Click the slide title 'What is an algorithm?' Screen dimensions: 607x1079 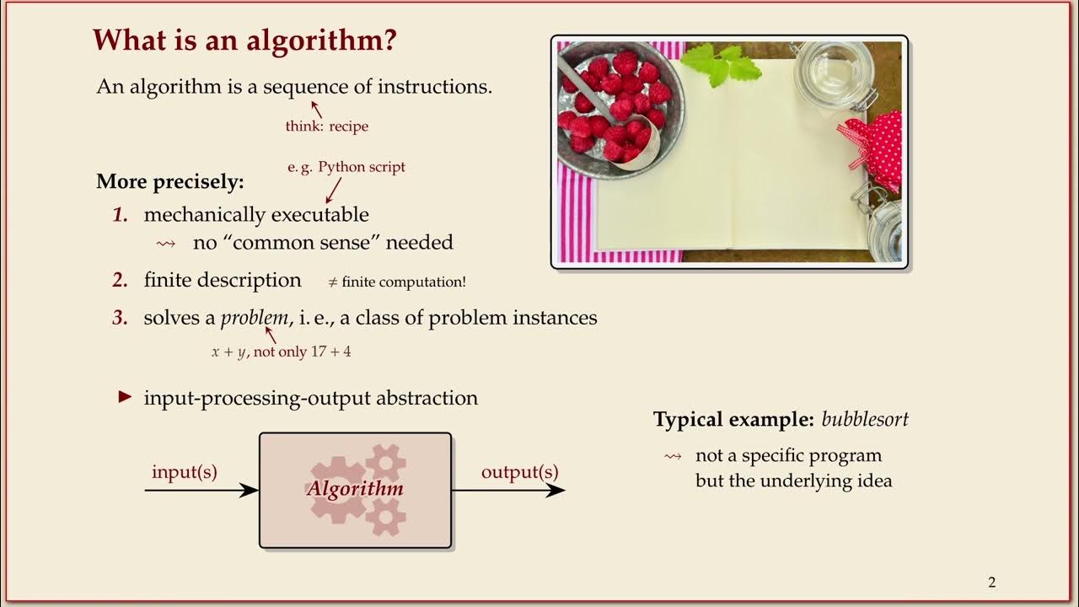(x=244, y=40)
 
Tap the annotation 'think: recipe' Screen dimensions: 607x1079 (x=326, y=126)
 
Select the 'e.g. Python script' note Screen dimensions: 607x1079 (x=346, y=167)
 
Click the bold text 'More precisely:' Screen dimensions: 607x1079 (x=169, y=181)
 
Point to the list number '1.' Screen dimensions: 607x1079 (x=121, y=215)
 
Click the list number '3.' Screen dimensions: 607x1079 (x=121, y=318)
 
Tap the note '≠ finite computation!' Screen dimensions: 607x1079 (x=396, y=282)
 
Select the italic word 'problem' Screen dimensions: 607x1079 (x=255, y=318)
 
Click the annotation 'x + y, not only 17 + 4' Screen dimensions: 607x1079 (x=281, y=352)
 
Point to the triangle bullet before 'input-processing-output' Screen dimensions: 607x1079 (x=126, y=397)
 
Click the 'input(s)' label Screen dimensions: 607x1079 (x=185, y=472)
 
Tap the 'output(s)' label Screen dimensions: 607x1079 (x=519, y=472)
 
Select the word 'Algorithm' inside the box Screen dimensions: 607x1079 (x=355, y=489)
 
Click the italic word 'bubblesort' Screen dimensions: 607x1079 (x=865, y=419)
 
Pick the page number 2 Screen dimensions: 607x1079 (x=991, y=583)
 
